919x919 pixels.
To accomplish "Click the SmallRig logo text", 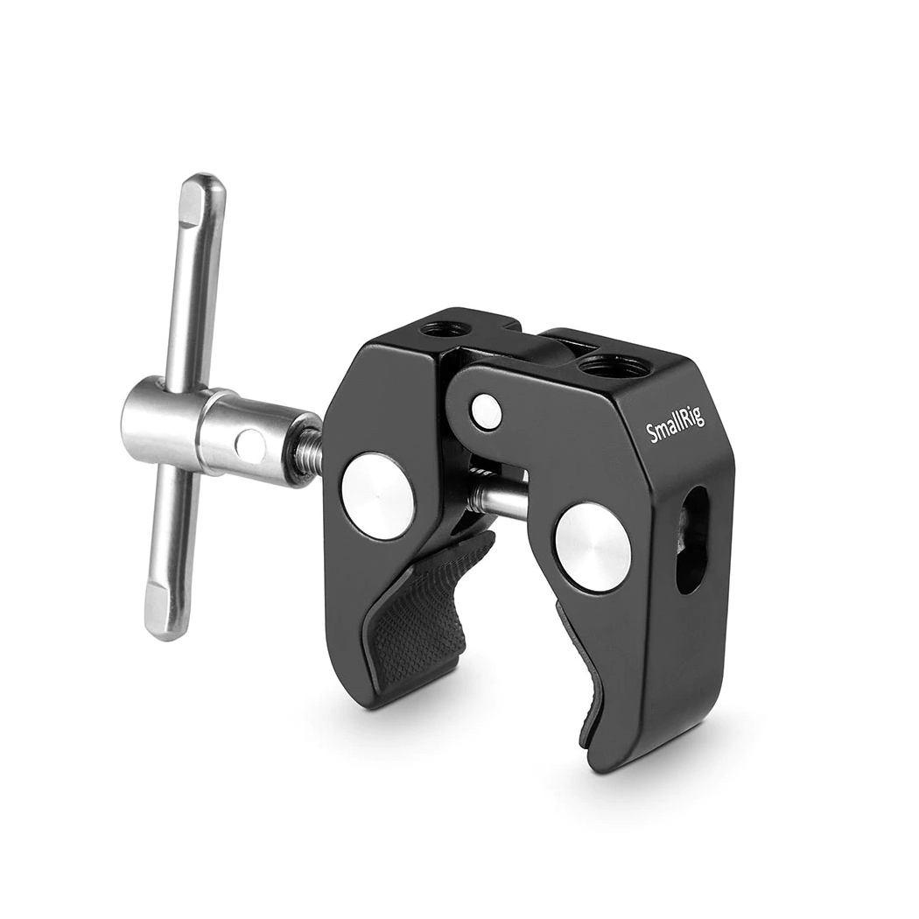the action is click(x=676, y=424).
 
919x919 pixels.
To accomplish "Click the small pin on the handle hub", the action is click(x=249, y=444).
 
